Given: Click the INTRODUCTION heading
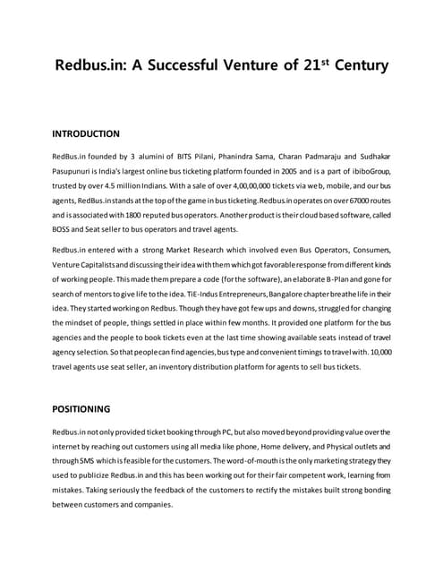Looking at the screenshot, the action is [x=87, y=134].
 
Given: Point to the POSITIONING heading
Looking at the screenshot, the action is [x=83, y=409].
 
